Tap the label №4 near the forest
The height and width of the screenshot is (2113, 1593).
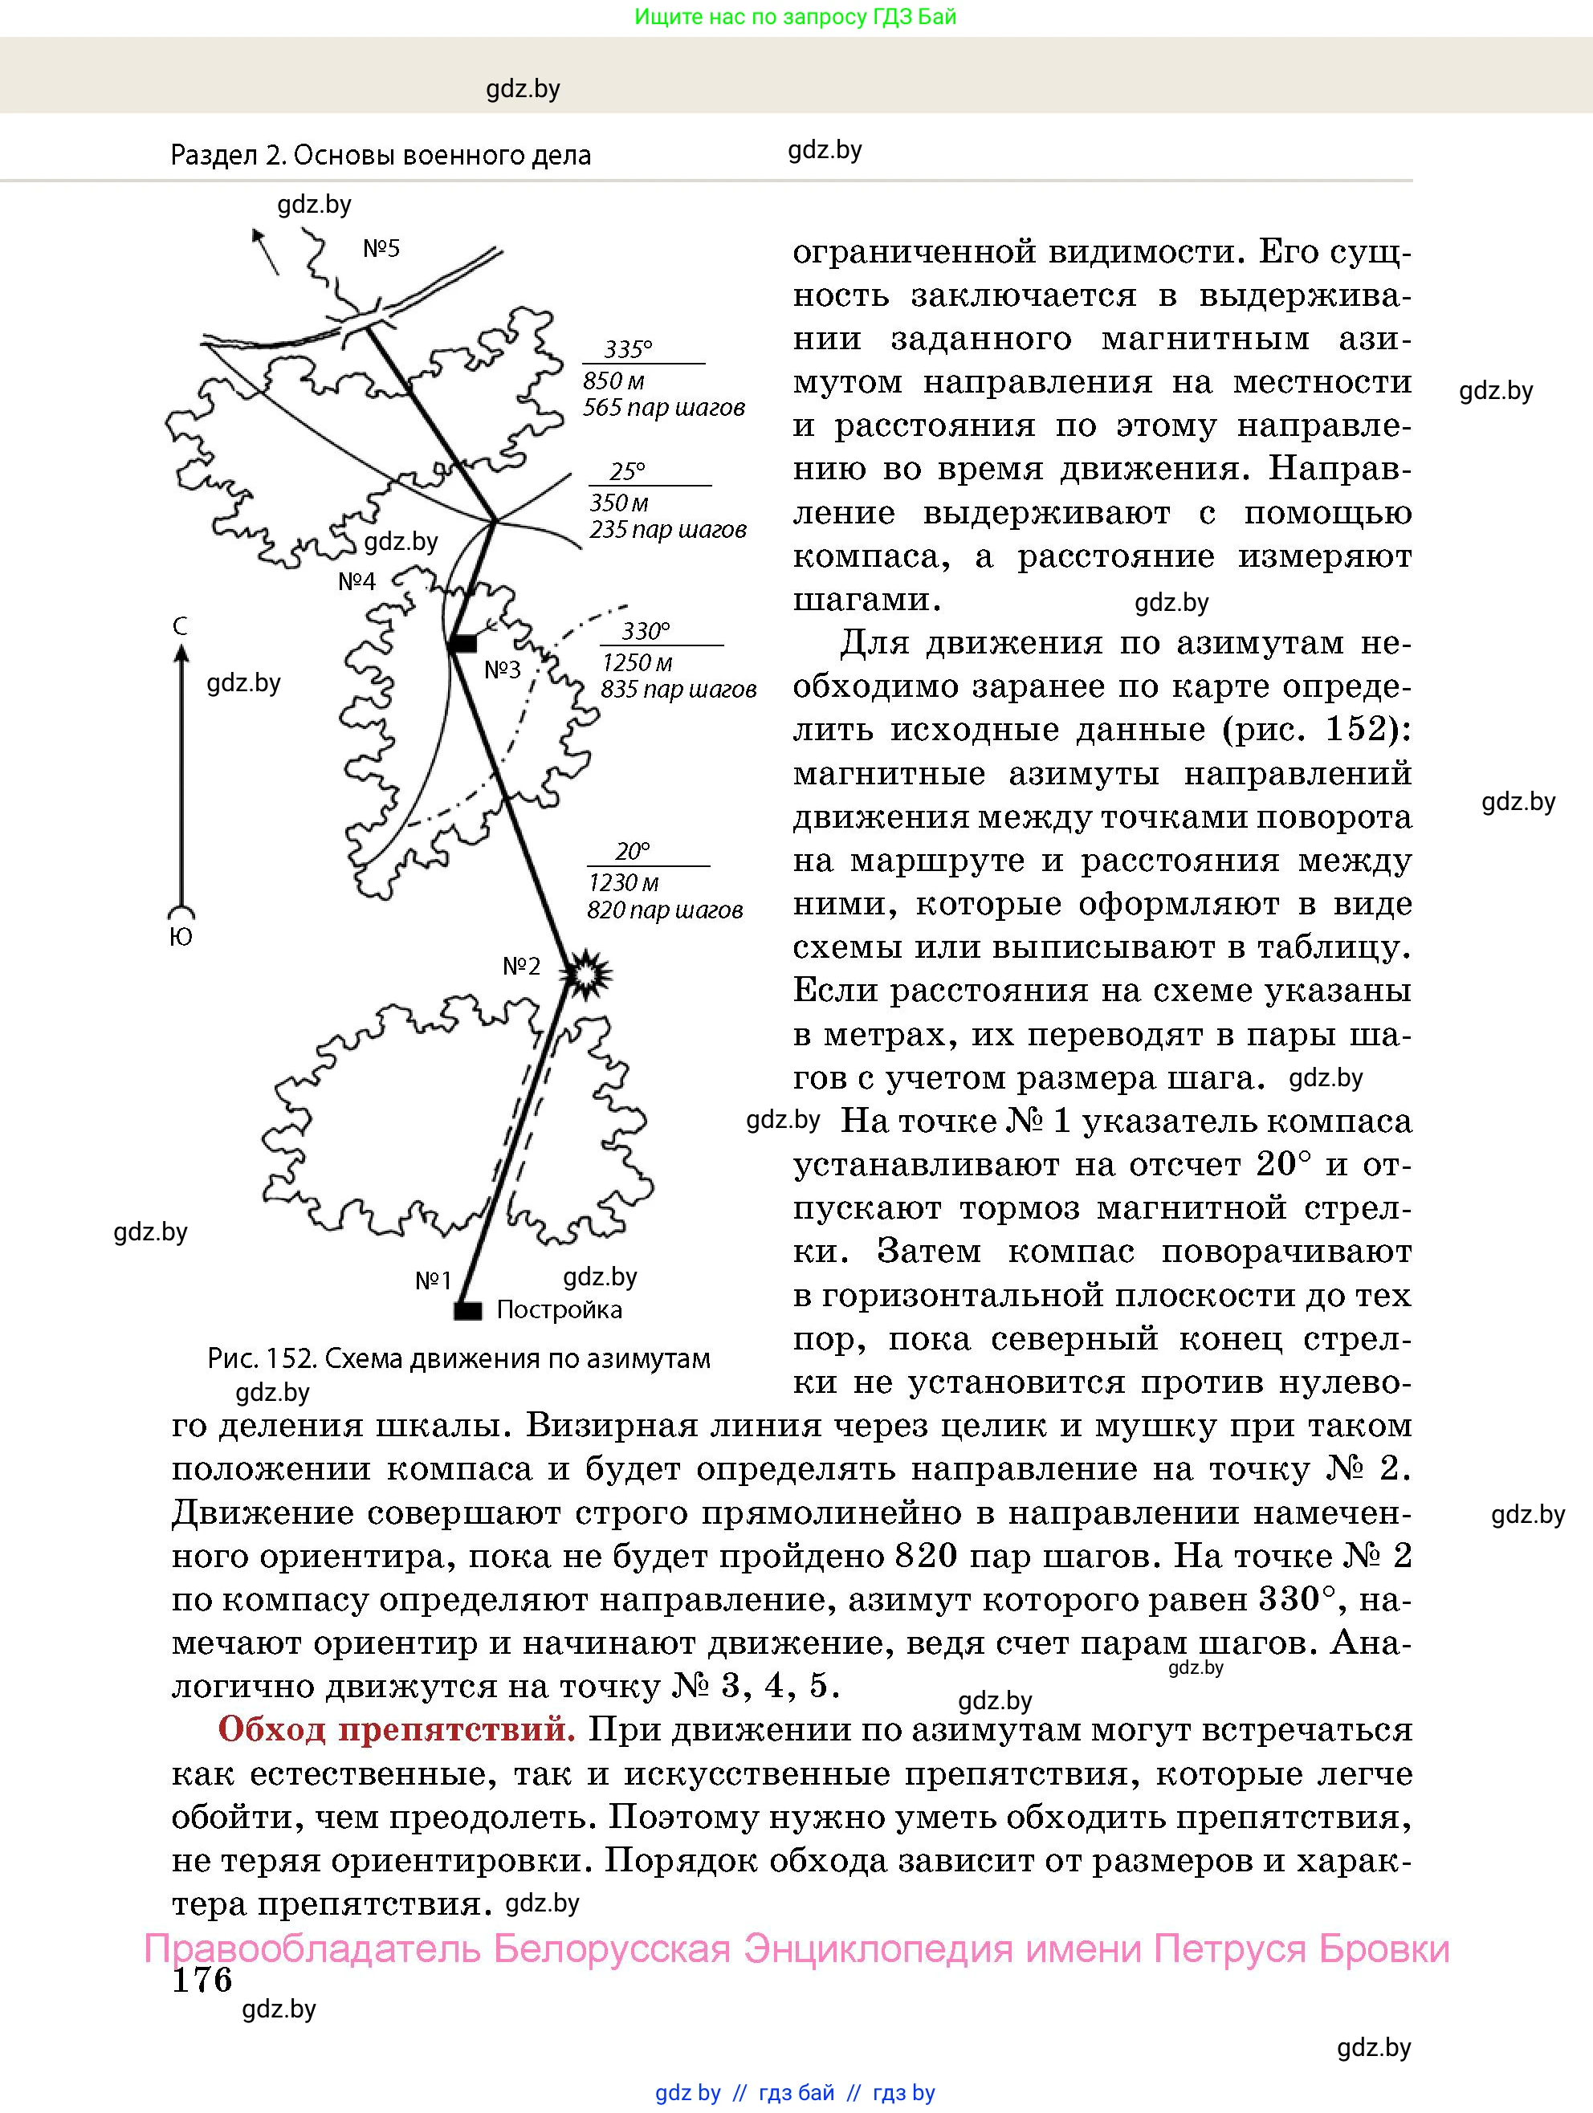click(356, 582)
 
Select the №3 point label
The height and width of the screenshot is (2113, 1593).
click(502, 670)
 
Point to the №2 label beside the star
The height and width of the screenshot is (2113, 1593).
click(522, 967)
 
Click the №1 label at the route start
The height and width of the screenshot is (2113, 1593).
click(433, 1281)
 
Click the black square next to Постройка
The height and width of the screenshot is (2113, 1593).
click(467, 1311)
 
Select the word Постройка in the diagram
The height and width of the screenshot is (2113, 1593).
click(559, 1309)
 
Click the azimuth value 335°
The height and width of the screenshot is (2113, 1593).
click(628, 349)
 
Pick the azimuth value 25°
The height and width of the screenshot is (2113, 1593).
click(628, 472)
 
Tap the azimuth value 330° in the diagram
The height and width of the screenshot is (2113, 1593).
click(646, 632)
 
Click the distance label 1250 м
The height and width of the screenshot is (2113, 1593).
click(637, 663)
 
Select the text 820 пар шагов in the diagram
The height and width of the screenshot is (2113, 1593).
click(665, 910)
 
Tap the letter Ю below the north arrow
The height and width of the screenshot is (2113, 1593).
click(181, 938)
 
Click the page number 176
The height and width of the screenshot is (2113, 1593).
click(202, 1981)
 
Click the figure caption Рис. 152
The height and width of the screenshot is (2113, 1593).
click(458, 1358)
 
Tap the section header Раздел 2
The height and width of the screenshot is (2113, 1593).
click(381, 155)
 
